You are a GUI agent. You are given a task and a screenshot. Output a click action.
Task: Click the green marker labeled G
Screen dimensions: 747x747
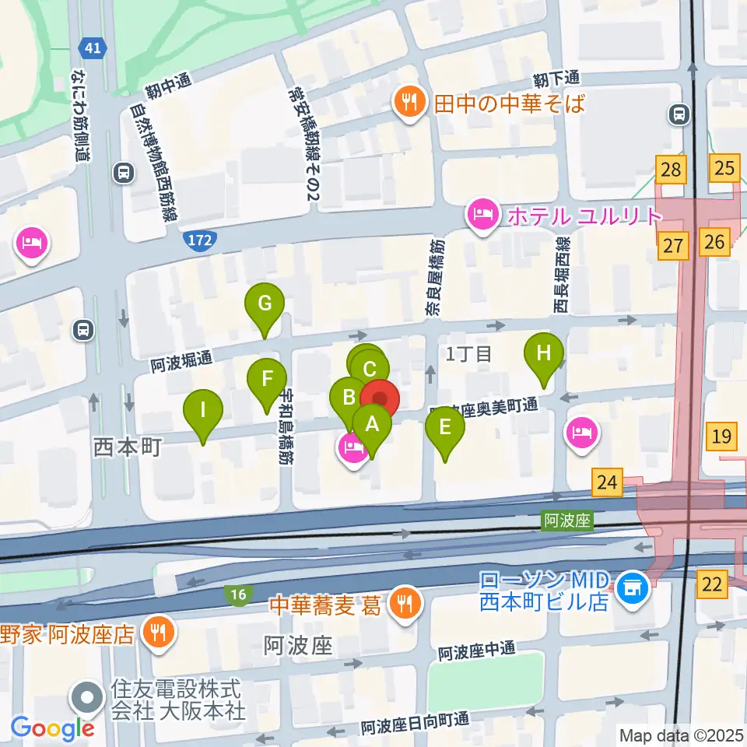265,303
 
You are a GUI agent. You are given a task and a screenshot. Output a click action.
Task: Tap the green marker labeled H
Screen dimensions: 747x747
544,353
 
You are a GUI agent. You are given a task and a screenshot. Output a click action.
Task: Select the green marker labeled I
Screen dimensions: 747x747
203,409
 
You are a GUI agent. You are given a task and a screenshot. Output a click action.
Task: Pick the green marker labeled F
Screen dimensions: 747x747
267,380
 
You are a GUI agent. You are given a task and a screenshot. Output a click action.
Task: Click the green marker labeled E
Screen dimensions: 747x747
445,427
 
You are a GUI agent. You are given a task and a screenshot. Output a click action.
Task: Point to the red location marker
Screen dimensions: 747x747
380,400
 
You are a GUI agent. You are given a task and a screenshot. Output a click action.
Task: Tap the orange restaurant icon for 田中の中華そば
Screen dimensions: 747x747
407,102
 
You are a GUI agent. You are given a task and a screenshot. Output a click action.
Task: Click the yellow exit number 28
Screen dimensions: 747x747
672,168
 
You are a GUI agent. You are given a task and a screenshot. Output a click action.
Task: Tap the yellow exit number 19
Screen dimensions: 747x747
722,436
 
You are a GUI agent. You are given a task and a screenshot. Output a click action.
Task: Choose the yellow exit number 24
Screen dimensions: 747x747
607,482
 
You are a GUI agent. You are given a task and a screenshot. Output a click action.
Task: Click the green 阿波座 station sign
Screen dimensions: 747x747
567,521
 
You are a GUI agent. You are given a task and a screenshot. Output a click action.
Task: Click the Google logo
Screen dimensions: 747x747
53,728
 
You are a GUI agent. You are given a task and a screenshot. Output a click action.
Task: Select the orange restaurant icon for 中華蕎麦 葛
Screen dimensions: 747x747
404,604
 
